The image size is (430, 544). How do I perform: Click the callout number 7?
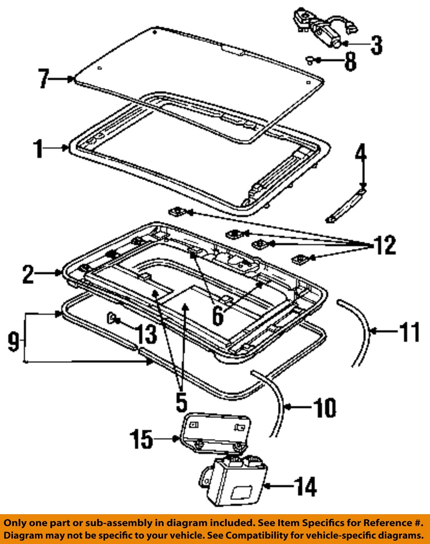pyautogui.click(x=45, y=80)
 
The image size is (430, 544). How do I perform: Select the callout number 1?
pyautogui.click(x=38, y=149)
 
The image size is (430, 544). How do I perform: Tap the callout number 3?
pyautogui.click(x=377, y=45)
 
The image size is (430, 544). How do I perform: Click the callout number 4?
pyautogui.click(x=362, y=154)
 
